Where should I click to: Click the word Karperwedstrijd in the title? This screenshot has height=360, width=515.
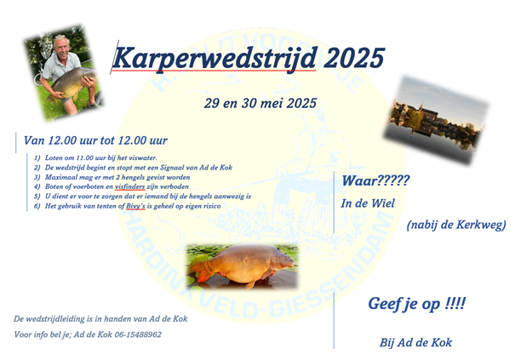214,59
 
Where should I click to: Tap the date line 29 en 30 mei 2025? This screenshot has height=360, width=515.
260,103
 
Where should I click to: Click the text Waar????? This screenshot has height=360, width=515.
375,180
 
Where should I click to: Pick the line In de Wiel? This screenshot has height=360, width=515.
368,203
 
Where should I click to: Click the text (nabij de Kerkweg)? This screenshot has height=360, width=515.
455,225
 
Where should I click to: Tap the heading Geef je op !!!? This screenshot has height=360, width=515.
417,304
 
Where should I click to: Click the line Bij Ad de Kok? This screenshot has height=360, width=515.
415,342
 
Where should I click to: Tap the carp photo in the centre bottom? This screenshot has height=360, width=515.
241,265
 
